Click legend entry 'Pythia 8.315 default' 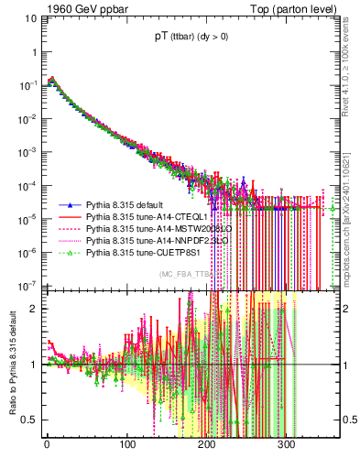[x=125, y=206]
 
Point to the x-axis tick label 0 [x=46, y=445]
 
